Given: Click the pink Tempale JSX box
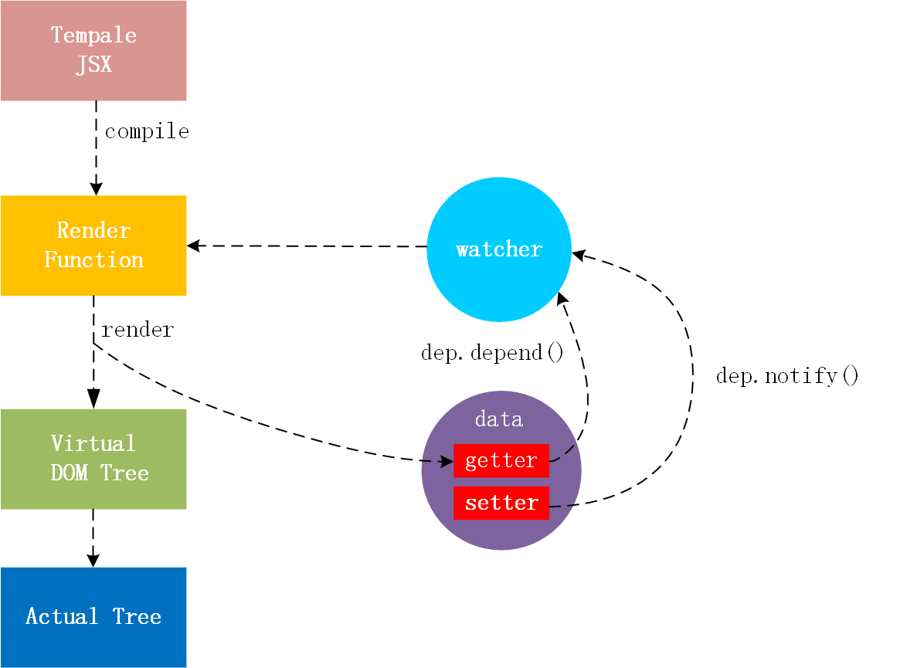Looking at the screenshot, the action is coord(93,50).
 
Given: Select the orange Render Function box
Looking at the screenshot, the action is coord(93,246).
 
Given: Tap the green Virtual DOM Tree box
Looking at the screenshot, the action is coord(93,459).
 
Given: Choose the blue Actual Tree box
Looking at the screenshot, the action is coord(93,618).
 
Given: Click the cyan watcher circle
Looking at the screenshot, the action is coord(499,249).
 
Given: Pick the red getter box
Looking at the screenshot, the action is coord(501,460).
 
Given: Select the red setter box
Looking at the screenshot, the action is coord(501,503).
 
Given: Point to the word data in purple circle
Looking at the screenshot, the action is coord(499,419).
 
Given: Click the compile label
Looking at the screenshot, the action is coord(147,132).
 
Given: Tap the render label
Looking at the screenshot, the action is coord(138,330).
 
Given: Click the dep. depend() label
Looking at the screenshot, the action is coord(492,352).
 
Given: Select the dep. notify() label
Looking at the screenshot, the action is coord(787,376).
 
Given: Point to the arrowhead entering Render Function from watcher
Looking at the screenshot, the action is coord(193,246).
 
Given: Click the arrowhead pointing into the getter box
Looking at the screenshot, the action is coord(447,461).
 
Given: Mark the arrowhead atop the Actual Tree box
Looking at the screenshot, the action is coord(93,561).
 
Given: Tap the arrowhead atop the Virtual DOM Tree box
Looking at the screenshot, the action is coord(93,398).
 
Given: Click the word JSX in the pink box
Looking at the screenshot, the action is coord(94,64).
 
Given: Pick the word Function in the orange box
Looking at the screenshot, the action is coord(94,260).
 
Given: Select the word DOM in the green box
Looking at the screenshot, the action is coord(70,473).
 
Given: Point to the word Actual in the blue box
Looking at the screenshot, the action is coord(62,616).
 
